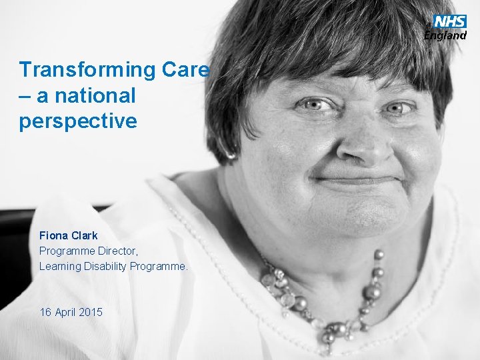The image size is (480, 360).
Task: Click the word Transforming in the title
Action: [87, 70]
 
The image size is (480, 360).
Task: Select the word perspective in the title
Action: [78, 122]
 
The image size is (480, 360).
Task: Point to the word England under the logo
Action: [445, 35]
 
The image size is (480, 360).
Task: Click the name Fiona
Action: [53, 235]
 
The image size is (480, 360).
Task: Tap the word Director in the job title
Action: [117, 251]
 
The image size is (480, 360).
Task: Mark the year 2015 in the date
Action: [91, 311]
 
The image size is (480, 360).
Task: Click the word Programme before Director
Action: [64, 251]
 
